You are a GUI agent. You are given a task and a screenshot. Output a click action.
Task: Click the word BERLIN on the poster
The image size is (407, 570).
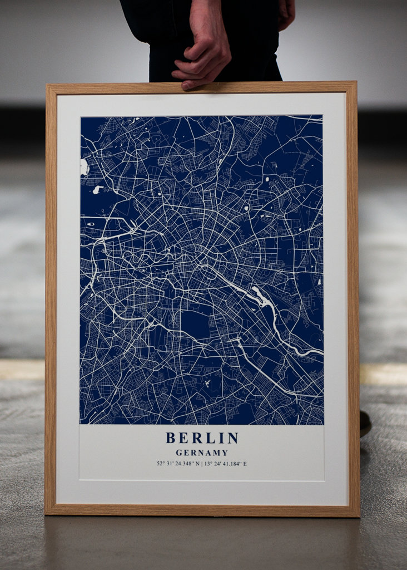202,438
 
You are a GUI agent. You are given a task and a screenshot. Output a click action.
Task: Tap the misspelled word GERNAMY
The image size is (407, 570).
202,453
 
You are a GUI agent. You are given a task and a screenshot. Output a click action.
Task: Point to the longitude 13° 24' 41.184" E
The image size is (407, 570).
225,464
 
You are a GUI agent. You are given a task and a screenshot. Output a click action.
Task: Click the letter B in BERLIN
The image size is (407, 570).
171,438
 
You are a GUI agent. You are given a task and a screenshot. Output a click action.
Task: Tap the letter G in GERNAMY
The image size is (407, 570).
179,453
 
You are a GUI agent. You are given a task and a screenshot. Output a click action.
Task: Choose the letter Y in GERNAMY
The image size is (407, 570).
225,453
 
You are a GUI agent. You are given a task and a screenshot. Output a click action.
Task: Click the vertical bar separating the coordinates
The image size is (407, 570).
202,464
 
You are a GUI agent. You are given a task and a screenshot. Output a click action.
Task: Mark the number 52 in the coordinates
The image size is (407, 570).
160,464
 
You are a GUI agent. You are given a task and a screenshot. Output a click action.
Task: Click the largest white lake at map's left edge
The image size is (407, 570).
85,166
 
